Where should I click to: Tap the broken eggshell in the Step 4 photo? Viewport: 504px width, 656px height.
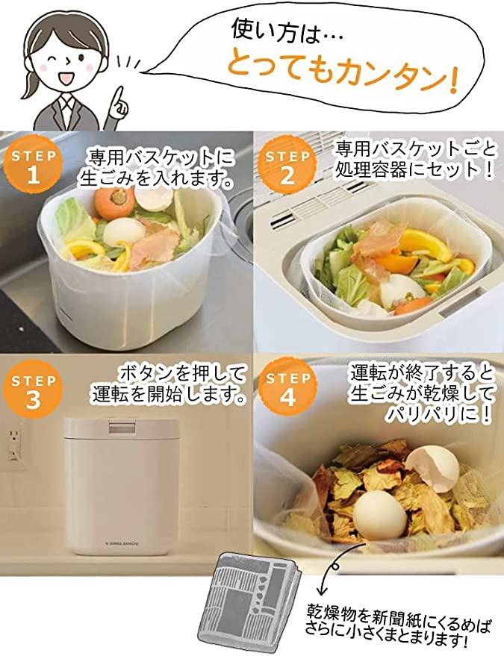[431, 463]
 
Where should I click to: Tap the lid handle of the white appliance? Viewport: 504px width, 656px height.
[119, 427]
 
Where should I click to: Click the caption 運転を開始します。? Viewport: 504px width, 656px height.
[169, 395]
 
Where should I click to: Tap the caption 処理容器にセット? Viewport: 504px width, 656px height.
[414, 169]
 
